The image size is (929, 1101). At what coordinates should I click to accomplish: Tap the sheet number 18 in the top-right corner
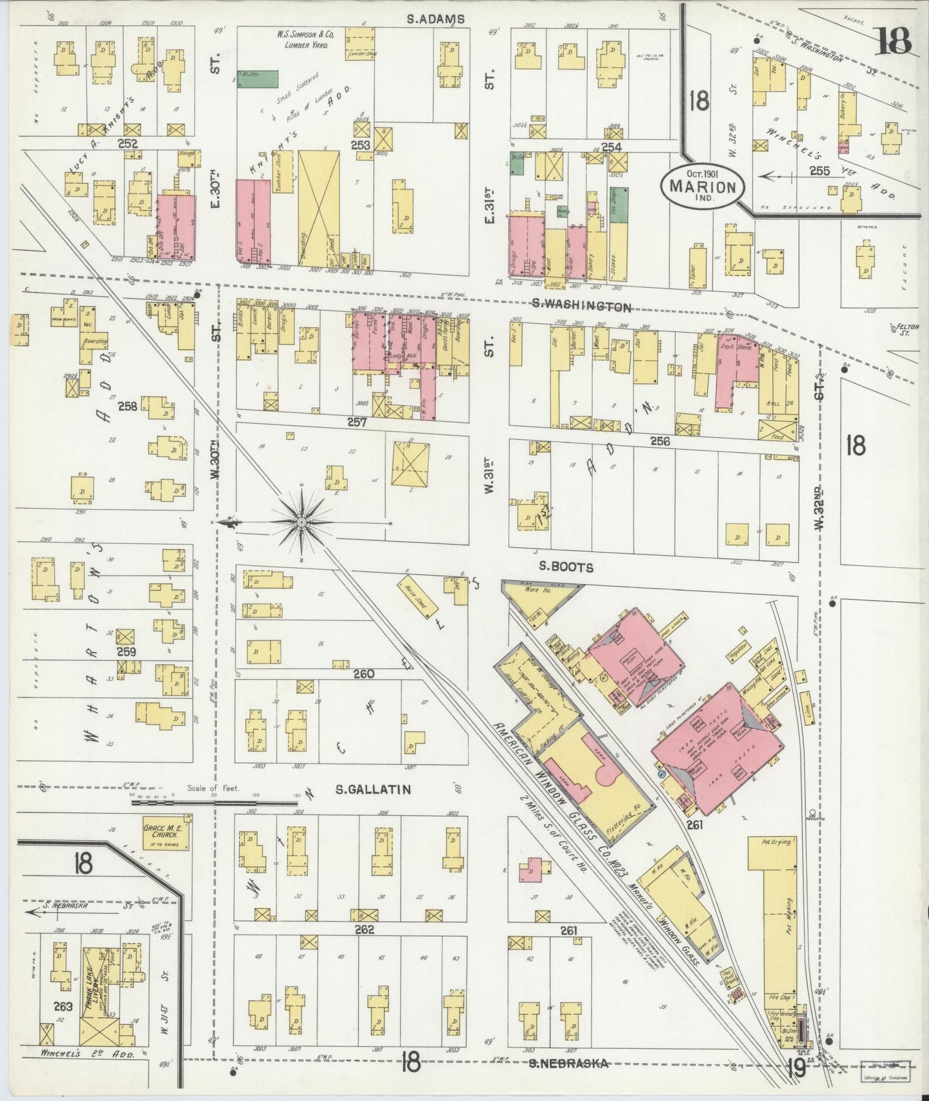pyautogui.click(x=893, y=42)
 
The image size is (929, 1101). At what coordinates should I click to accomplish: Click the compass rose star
pyautogui.click(x=302, y=522)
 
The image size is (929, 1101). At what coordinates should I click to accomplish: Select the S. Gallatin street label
pyautogui.click(x=374, y=789)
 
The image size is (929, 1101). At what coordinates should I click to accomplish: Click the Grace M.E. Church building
pyautogui.click(x=165, y=833)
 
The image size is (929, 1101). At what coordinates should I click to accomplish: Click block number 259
pyautogui.click(x=126, y=652)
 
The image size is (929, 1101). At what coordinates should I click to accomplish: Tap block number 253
pyautogui.click(x=361, y=146)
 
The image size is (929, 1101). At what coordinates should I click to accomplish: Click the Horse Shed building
pyautogui.click(x=418, y=597)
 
